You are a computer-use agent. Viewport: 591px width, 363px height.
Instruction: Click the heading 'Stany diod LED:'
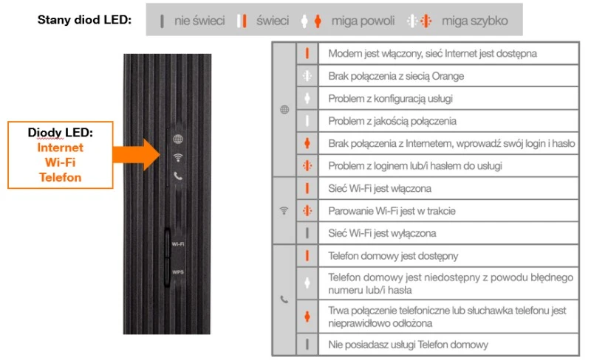pyautogui.click(x=84, y=20)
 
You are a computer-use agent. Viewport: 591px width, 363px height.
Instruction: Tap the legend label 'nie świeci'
pyautogui.click(x=199, y=21)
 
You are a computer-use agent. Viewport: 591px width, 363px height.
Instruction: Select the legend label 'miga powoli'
pyautogui.click(x=363, y=21)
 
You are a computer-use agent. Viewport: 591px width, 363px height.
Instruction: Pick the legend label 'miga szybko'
pyautogui.click(x=475, y=21)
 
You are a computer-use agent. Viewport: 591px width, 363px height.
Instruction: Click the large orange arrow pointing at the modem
pyautogui.click(x=137, y=155)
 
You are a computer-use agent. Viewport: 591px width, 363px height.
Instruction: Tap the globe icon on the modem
pyautogui.click(x=178, y=139)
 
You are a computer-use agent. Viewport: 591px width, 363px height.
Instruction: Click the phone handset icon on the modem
pyautogui.click(x=178, y=176)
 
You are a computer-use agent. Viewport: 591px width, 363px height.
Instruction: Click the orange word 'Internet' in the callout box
pyautogui.click(x=61, y=148)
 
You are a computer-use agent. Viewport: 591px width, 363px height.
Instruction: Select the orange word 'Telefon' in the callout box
pyautogui.click(x=61, y=177)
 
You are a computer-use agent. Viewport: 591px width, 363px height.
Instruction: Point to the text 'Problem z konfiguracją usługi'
pyautogui.click(x=390, y=99)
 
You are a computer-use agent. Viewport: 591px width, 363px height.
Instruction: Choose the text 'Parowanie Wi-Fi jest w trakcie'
pyautogui.click(x=392, y=211)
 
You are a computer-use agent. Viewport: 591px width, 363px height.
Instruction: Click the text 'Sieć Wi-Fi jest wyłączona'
pyautogui.click(x=382, y=233)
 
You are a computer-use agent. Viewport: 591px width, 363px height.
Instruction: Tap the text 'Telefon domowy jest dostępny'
pyautogui.click(x=393, y=256)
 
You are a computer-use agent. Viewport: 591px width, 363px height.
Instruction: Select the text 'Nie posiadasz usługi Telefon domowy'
pyautogui.click(x=408, y=345)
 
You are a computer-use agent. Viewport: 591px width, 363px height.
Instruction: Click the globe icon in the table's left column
pyautogui.click(x=284, y=110)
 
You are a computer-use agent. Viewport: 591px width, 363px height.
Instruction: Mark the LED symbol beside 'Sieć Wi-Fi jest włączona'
pyautogui.click(x=307, y=188)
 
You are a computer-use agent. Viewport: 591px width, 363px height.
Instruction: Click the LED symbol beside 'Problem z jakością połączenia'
pyautogui.click(x=307, y=121)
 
